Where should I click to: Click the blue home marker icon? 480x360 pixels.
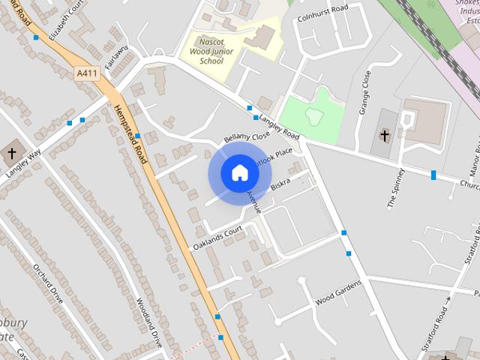pos(239,173)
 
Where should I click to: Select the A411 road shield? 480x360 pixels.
pos(87,73)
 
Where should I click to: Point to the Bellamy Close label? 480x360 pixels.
pos(246,138)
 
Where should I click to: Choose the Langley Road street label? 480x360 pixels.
pos(279,130)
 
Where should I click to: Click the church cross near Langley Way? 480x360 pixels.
pos(12,153)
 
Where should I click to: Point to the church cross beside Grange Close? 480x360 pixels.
pos(385,136)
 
